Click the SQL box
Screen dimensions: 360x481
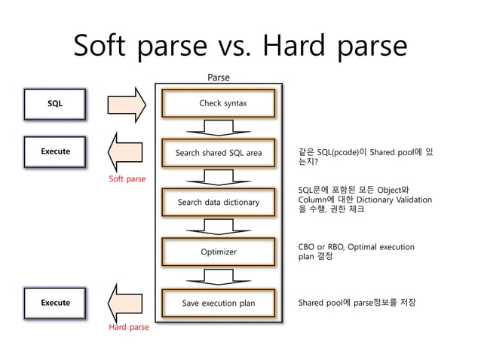click(55, 104)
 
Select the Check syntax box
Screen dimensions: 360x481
click(219, 103)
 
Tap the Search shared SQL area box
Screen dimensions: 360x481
click(219, 153)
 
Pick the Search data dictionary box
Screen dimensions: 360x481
click(219, 202)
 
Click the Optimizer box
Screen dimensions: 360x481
click(219, 252)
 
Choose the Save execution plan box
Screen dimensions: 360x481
click(219, 304)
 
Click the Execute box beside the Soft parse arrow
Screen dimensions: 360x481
click(55, 152)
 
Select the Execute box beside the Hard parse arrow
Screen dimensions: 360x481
click(55, 303)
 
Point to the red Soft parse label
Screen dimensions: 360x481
click(127, 179)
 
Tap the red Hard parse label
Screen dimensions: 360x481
click(129, 328)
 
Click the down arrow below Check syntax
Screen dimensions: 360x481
click(219, 127)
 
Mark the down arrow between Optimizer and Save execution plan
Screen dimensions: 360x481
click(219, 277)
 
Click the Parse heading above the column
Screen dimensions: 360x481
click(219, 77)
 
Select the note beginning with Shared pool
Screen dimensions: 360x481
click(357, 303)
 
